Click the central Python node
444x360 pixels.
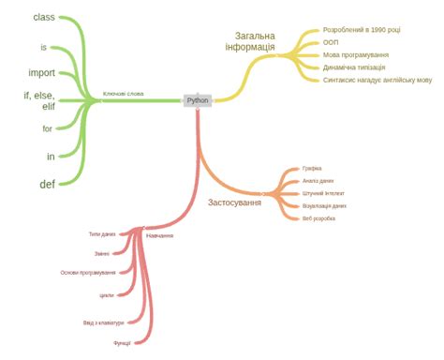198,100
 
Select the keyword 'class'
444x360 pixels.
44,18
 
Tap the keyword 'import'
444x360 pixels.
42,72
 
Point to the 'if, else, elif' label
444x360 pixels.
40,100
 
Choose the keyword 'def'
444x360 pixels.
47,183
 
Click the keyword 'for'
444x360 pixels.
48,128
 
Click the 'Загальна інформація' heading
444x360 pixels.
249,42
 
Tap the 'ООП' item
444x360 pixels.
331,42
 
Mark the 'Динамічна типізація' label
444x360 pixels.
354,67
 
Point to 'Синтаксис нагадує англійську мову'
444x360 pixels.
377,81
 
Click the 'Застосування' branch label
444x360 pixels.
234,202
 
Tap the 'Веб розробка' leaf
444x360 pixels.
318,218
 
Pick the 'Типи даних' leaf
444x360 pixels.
102,233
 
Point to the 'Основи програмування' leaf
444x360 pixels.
88,273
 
